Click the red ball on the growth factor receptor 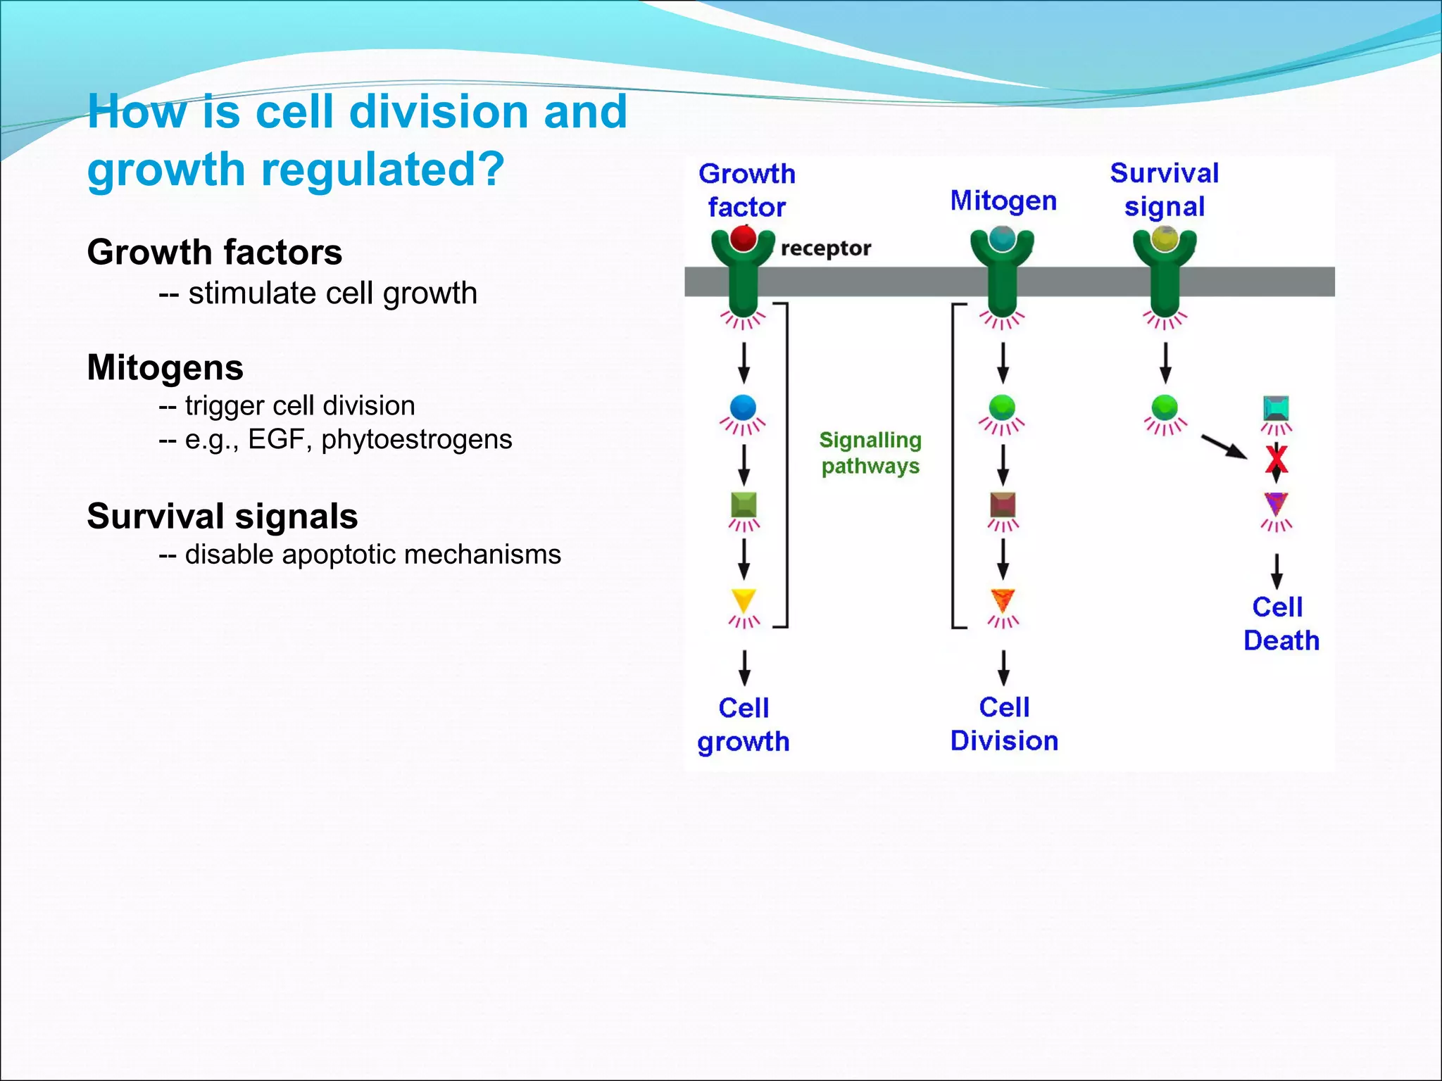click(x=743, y=239)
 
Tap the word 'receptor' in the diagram click(x=826, y=248)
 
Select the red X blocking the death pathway click(x=1277, y=460)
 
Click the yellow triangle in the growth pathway click(x=744, y=600)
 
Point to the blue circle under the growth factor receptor click(x=744, y=407)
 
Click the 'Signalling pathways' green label click(x=870, y=453)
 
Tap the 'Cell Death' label click(x=1280, y=624)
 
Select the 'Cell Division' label click(x=1004, y=723)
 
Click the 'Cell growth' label click(x=744, y=724)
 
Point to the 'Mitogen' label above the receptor click(x=1003, y=201)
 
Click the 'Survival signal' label click(x=1165, y=189)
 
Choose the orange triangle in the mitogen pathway click(x=1003, y=600)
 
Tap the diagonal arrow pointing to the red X click(x=1224, y=446)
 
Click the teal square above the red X click(x=1277, y=407)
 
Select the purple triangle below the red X click(x=1276, y=503)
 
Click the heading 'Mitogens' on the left click(x=165, y=367)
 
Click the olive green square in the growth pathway click(x=744, y=504)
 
